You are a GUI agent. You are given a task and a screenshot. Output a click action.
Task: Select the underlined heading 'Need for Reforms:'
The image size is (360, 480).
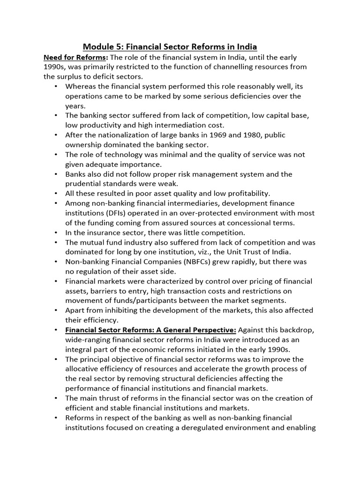pyautogui.click(x=76, y=57)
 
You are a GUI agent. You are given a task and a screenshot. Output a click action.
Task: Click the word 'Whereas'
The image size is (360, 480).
pyautogui.click(x=81, y=86)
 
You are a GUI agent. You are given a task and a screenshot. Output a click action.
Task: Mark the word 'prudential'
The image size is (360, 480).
pyautogui.click(x=85, y=184)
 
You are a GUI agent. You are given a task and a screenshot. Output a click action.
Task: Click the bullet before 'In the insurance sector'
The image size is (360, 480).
pyautogui.click(x=56, y=232)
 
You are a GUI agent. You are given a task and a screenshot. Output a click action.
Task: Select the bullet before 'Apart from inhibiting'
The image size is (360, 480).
pyautogui.click(x=56, y=310)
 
